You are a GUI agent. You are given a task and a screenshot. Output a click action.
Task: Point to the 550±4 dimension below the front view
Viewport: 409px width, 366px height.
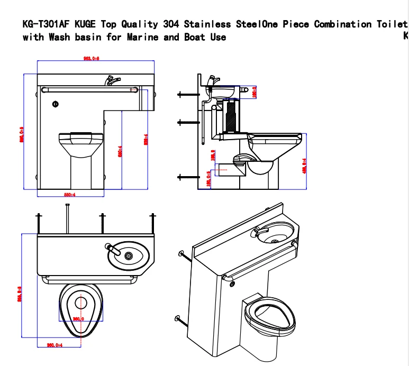click(x=70, y=195)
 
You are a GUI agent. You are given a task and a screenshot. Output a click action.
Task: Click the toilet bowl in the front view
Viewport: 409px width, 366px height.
click(x=81, y=143)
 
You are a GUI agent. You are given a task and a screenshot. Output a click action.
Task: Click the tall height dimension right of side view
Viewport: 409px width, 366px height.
click(x=304, y=161)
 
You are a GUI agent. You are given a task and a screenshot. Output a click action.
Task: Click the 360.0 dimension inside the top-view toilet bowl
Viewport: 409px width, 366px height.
click(x=79, y=319)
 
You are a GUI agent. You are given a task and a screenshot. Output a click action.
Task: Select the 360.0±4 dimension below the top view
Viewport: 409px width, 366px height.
click(x=55, y=345)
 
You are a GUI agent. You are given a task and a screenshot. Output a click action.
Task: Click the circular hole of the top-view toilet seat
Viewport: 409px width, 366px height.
click(x=80, y=303)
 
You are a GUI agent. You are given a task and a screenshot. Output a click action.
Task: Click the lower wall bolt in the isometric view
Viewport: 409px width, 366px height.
click(x=179, y=319)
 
